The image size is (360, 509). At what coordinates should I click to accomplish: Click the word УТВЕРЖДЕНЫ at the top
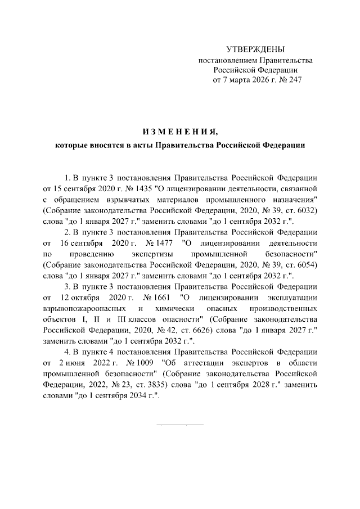coord(255,49)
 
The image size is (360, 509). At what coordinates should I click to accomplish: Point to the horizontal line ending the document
coord(179,424)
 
